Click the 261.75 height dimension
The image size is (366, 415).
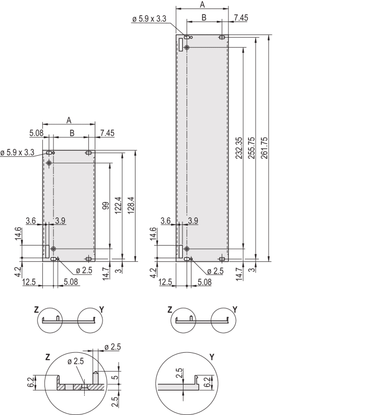264,148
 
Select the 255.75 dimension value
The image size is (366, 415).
251,148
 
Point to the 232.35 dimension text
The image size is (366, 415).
239,148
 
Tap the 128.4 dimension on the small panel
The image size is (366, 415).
131,205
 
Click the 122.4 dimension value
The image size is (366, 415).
118,205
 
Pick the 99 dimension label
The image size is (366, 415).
106,205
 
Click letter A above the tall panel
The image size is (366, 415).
202,5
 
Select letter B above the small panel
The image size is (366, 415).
72,133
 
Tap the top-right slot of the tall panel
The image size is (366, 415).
222,37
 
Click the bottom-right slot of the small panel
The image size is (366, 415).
88,259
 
